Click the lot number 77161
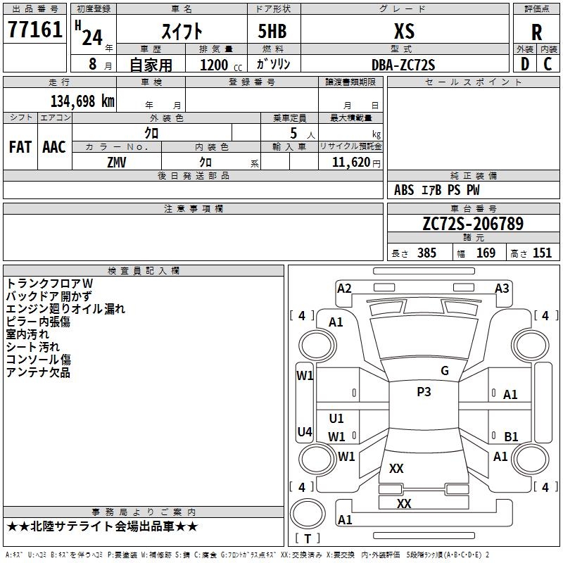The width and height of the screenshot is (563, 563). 34,29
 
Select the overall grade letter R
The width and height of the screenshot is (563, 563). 536,32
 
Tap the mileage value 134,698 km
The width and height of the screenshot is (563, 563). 82,101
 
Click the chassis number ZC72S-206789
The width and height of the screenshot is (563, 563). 473,223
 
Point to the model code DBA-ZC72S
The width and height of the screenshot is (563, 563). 403,65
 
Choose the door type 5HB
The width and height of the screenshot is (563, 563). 272,31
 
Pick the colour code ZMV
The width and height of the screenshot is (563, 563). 117,163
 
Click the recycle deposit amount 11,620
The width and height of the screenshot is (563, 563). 351,163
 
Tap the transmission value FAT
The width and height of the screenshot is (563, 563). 20,147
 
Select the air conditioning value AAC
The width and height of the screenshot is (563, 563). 54,147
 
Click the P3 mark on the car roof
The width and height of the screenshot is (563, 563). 424,391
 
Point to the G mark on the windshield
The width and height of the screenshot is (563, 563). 445,370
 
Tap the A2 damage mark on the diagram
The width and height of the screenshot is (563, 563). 344,289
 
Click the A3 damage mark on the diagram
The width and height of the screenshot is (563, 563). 502,289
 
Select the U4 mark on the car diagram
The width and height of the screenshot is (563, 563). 305,431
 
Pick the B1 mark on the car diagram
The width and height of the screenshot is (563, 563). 511,436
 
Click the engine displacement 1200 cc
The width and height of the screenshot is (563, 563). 221,65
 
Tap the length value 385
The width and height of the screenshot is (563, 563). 426,253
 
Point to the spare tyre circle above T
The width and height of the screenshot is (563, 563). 308,514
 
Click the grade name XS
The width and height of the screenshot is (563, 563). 404,31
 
